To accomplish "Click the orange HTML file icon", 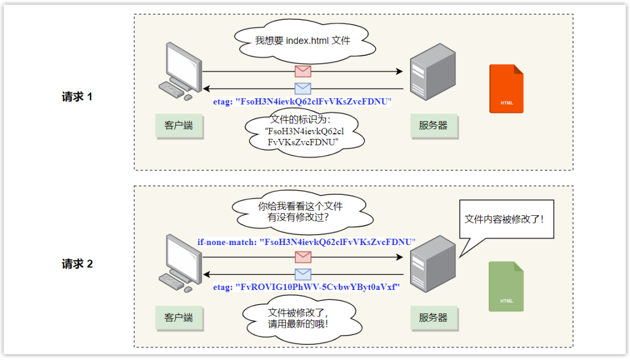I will pyautogui.click(x=506, y=88).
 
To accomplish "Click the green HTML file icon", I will pyautogui.click(x=506, y=286).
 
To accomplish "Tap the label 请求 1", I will pyautogui.click(x=77, y=97).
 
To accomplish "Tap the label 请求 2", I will pyautogui.click(x=77, y=264).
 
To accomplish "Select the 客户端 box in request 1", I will pyautogui.click(x=179, y=125).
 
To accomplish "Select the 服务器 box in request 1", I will pyautogui.click(x=433, y=125).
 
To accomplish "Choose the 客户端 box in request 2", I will pyautogui.click(x=179, y=318).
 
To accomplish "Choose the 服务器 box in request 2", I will pyautogui.click(x=433, y=318).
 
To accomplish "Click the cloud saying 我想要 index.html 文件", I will pyautogui.click(x=303, y=41).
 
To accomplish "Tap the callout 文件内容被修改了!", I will pyautogui.click(x=505, y=220).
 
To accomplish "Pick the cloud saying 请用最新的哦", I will pyautogui.click(x=302, y=318).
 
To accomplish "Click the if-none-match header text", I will pyautogui.click(x=306, y=242).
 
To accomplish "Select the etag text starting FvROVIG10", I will pyautogui.click(x=306, y=288).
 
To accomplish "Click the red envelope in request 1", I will pyautogui.click(x=303, y=71).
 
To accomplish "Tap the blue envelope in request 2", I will pyautogui.click(x=303, y=274).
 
